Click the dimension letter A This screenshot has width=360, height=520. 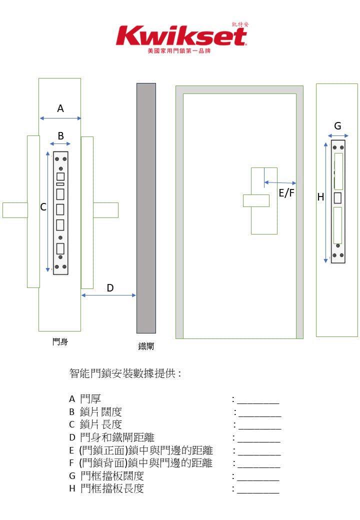[x=60, y=108]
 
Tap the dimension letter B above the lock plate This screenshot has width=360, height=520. [x=60, y=135]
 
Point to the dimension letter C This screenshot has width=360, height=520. [x=43, y=207]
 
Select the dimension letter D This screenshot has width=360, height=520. [x=110, y=287]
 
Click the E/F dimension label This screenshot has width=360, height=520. [x=286, y=193]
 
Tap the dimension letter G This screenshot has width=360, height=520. [x=337, y=126]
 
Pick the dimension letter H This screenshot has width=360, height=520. [x=320, y=197]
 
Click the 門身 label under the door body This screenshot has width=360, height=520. [x=60, y=342]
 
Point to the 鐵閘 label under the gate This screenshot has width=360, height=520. [x=146, y=346]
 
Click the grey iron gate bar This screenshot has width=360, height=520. [x=146, y=208]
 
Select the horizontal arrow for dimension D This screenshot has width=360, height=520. [x=108, y=295]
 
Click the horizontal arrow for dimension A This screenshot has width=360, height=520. [x=60, y=118]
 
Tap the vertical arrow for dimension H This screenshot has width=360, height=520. [x=326, y=202]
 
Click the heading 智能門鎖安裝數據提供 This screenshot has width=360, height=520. [x=125, y=373]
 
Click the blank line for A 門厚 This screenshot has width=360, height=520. [x=258, y=401]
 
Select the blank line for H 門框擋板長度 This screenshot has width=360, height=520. [x=258, y=491]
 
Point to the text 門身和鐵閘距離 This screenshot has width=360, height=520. [x=117, y=438]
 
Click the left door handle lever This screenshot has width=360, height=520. [x=15, y=210]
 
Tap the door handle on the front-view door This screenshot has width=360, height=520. [x=256, y=200]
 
